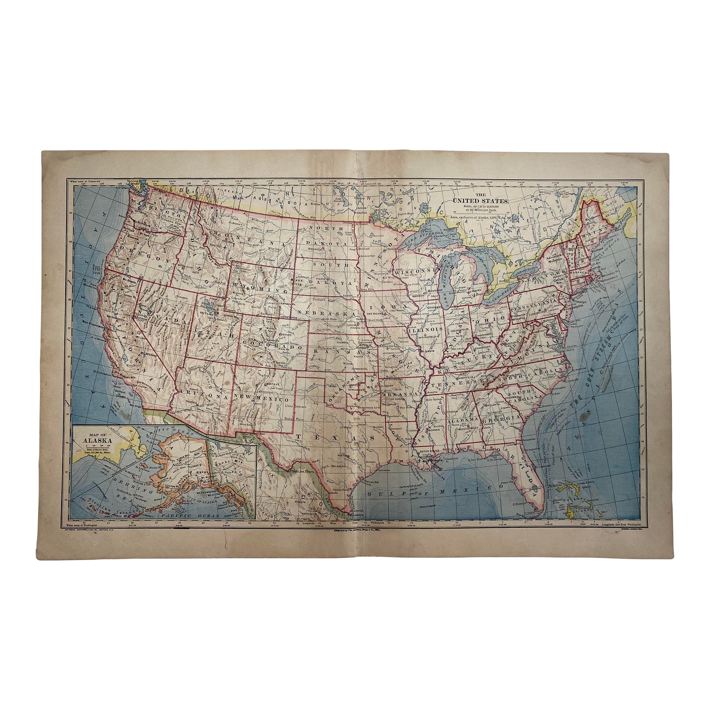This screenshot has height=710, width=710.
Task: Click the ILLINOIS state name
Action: click(426, 330)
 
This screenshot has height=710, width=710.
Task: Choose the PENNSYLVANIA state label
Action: click(535, 300)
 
